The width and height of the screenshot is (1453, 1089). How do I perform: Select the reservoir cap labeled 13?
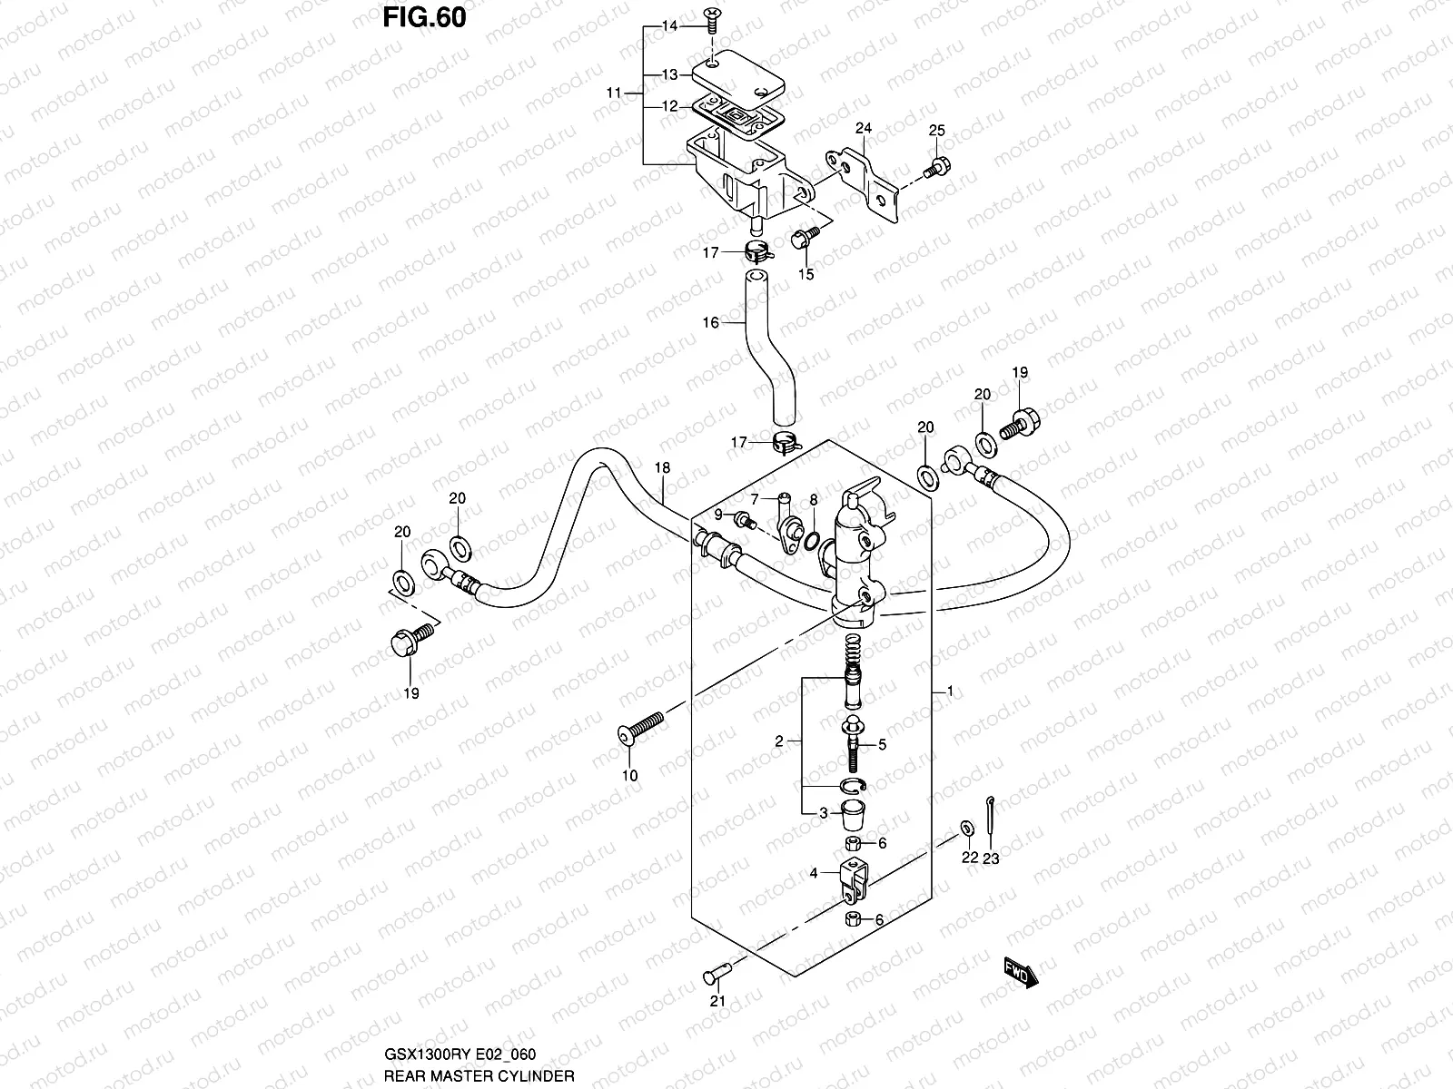737,73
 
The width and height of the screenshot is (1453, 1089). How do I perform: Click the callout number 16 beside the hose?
710,322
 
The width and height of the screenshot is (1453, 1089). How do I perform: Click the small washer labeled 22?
967,829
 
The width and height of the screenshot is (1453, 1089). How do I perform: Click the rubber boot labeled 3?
851,814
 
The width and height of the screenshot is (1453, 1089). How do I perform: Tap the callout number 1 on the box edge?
949,692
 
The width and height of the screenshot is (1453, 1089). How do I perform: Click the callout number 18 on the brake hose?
662,467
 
